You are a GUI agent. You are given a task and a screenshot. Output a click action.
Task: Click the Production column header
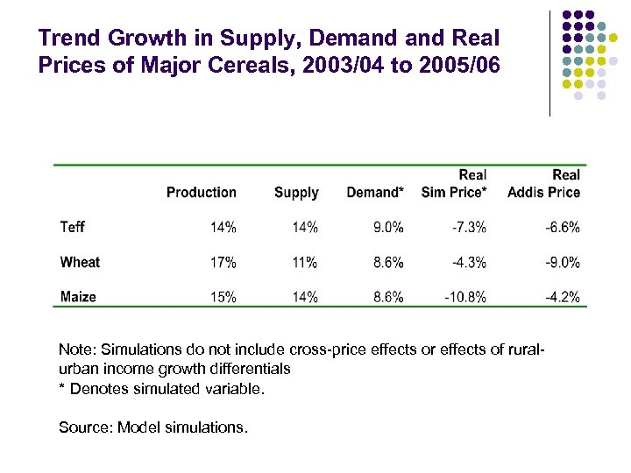[x=202, y=193]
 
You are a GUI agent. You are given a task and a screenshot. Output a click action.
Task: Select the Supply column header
[x=296, y=193]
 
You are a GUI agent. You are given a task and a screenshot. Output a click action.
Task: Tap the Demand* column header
[x=375, y=193]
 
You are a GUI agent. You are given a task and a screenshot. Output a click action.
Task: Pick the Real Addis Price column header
[x=544, y=184]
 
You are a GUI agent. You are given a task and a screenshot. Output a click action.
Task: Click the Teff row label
[x=73, y=228]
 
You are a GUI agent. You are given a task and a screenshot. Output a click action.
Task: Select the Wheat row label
[x=80, y=263]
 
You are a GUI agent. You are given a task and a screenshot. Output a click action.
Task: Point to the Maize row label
[x=78, y=297]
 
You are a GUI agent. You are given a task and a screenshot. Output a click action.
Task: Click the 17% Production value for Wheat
[x=223, y=263]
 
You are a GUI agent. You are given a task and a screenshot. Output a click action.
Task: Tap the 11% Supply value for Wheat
[x=305, y=263]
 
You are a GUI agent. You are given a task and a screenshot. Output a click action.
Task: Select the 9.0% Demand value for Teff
[x=388, y=228]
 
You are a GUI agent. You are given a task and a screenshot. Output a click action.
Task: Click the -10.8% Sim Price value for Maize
[x=465, y=297]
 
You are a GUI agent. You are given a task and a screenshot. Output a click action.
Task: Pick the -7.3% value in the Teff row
[x=469, y=228]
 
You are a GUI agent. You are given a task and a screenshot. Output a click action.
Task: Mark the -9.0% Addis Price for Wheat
[x=563, y=263]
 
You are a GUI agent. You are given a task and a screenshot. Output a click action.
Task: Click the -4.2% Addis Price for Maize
[x=563, y=297]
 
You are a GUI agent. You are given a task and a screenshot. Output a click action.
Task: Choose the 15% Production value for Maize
[x=223, y=297]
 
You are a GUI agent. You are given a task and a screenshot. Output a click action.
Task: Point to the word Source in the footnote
[x=84, y=427]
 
